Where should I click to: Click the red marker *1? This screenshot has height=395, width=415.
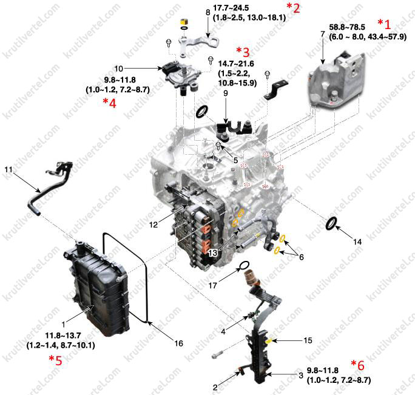[x=384, y=24]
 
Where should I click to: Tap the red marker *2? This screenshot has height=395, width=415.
[x=293, y=8]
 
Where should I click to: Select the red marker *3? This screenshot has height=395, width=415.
[x=243, y=52]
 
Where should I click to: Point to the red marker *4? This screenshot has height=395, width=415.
[x=109, y=103]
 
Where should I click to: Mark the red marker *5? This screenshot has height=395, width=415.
[x=55, y=360]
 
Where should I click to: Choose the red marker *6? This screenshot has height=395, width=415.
[x=357, y=365]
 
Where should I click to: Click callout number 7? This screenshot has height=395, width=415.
[x=322, y=34]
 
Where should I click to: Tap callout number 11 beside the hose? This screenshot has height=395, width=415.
[x=8, y=169]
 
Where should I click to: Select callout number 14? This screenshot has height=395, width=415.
[x=357, y=241]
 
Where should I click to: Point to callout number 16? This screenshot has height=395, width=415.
[x=178, y=343]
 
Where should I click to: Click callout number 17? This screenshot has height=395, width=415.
[x=212, y=285]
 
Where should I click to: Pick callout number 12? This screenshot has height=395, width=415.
[x=154, y=225]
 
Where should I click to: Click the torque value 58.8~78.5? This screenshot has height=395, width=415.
[x=347, y=27]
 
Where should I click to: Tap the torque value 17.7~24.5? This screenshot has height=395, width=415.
[x=231, y=8]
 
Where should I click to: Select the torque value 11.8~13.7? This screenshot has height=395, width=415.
[x=63, y=336]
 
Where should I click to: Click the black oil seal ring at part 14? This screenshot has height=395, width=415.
[x=331, y=223]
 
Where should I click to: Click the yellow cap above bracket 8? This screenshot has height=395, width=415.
[x=184, y=22]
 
